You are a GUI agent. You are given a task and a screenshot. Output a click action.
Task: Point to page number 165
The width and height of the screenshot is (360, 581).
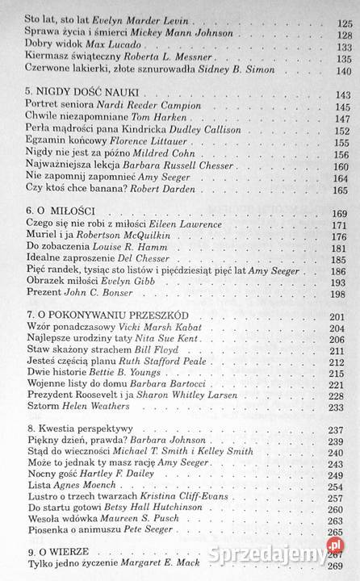click(343, 190)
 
